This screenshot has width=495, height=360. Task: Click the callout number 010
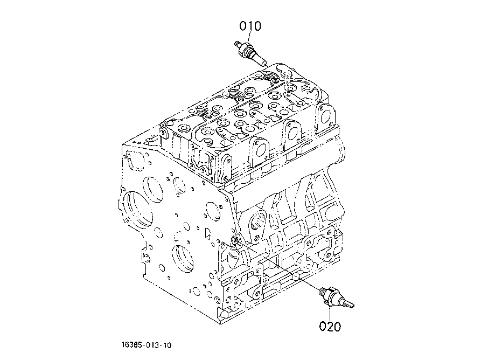click(250, 26)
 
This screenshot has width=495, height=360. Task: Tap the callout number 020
click(330, 326)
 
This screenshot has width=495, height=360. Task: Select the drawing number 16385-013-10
click(147, 345)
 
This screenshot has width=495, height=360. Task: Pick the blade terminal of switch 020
click(349, 304)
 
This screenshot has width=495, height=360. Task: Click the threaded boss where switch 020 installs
click(235, 239)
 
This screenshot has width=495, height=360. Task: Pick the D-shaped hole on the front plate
click(208, 233)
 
